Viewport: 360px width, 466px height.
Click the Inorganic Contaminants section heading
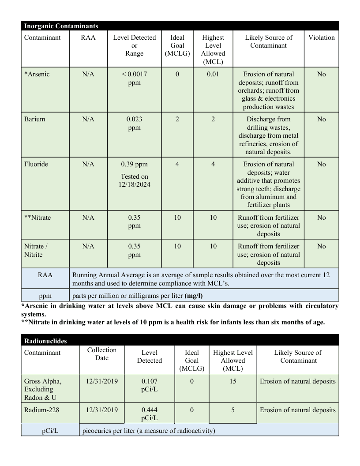pyautogui.click(x=61, y=26)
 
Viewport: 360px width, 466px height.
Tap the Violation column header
pyautogui.click(x=321, y=38)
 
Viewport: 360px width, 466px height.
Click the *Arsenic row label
pyautogui.click(x=37, y=74)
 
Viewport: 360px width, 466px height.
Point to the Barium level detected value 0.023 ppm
pyautogui.click(x=134, y=123)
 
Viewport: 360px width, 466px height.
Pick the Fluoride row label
pyautogui.click(x=36, y=164)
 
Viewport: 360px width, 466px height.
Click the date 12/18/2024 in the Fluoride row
pyautogui.click(x=135, y=184)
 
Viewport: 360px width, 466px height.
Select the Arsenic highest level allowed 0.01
pyautogui.click(x=213, y=74)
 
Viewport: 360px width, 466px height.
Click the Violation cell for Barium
pyautogui.click(x=321, y=119)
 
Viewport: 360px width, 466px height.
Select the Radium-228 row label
pyautogui.click(x=41, y=410)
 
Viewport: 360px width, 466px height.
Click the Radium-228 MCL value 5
pyautogui.click(x=233, y=410)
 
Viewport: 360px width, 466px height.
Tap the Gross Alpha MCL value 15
pyautogui.click(x=233, y=381)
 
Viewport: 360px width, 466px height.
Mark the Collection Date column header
pyautogui.click(x=102, y=354)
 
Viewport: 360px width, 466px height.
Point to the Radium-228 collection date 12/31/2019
pyautogui.click(x=102, y=410)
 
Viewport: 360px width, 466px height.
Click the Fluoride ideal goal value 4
pyautogui.click(x=177, y=164)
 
